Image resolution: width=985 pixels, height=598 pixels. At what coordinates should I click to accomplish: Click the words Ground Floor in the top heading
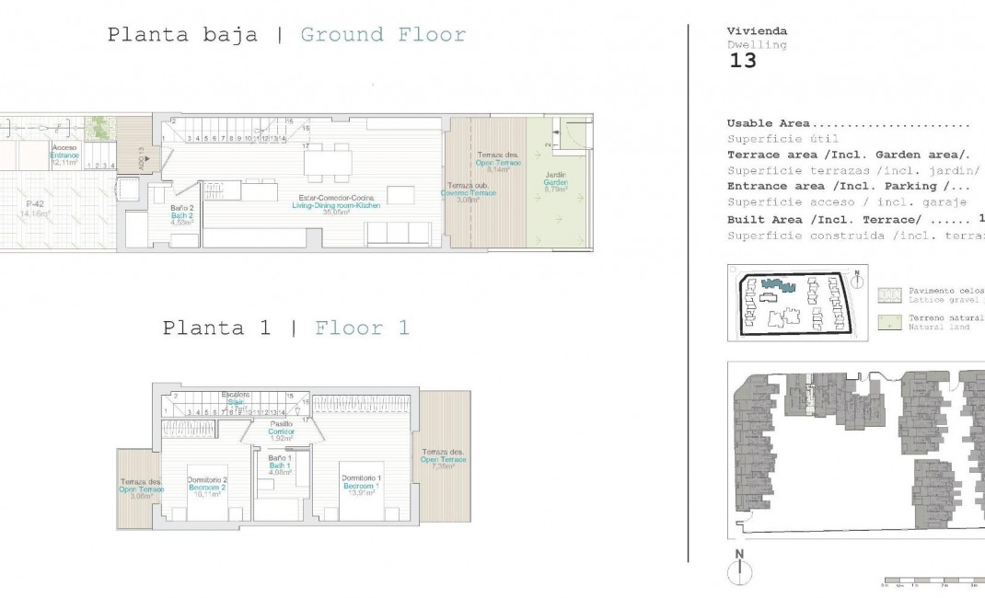coord(383,35)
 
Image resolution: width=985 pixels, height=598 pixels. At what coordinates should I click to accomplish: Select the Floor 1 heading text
coord(362,328)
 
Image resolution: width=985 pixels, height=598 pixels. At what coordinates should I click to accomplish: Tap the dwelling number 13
coord(742,62)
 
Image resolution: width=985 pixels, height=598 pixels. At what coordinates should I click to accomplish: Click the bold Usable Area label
coord(769,123)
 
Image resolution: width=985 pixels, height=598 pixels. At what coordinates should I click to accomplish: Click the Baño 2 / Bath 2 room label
coord(181,214)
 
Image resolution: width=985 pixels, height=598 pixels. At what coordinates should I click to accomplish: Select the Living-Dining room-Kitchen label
coord(339,204)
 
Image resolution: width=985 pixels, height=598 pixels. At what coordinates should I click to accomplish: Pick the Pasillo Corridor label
coord(281,430)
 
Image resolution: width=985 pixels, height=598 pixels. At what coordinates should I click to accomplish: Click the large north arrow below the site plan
coord(739,570)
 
